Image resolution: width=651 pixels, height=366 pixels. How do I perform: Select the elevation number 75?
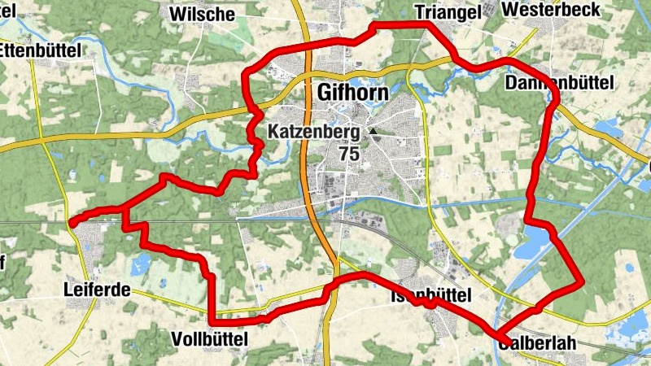click(350, 153)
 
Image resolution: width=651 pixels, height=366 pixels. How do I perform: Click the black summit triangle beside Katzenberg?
click(373, 131)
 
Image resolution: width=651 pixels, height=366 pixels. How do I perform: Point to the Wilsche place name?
click(202, 14)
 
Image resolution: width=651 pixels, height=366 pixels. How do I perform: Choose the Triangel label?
click(444, 11)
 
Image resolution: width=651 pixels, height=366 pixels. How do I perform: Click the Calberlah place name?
click(537, 343)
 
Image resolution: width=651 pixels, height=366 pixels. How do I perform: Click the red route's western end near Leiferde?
click(72, 221)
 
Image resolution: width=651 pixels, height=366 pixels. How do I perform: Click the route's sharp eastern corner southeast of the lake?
click(583, 283)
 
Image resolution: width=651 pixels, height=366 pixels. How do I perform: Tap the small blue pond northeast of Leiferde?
click(139, 262)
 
